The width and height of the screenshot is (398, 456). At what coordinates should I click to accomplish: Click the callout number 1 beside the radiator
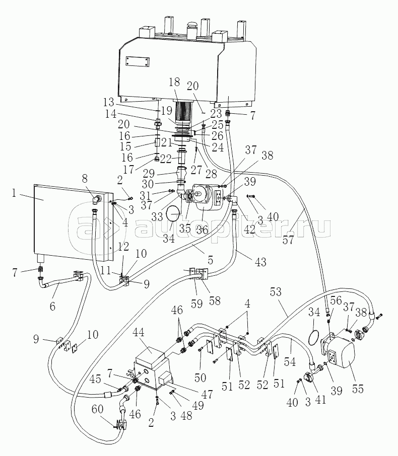click(x=14, y=193)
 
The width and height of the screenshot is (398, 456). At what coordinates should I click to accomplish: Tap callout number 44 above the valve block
click(x=139, y=333)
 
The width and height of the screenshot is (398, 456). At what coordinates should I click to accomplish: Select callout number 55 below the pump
click(x=358, y=389)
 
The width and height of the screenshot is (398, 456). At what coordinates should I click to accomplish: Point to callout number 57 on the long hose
click(x=288, y=240)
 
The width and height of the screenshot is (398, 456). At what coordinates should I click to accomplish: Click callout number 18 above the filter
click(x=174, y=83)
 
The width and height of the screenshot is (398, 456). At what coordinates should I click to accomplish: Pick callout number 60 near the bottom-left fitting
click(x=97, y=409)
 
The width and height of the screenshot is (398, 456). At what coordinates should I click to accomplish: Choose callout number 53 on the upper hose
click(x=276, y=292)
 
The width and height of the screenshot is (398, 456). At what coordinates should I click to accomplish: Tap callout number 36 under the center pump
click(x=202, y=230)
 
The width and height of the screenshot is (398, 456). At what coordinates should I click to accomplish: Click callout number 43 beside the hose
click(x=260, y=262)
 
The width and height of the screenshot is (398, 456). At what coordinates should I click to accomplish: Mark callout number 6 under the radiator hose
click(x=52, y=306)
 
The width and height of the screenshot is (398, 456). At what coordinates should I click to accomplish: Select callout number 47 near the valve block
click(x=207, y=394)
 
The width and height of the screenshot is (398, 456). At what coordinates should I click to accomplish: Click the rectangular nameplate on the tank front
click(x=138, y=61)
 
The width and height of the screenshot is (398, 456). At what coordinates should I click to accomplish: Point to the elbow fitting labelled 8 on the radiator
click(x=96, y=199)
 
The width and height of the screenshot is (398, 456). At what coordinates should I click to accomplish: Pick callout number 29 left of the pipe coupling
click(x=149, y=174)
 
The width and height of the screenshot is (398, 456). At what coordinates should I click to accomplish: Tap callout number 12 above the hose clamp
click(x=124, y=247)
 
